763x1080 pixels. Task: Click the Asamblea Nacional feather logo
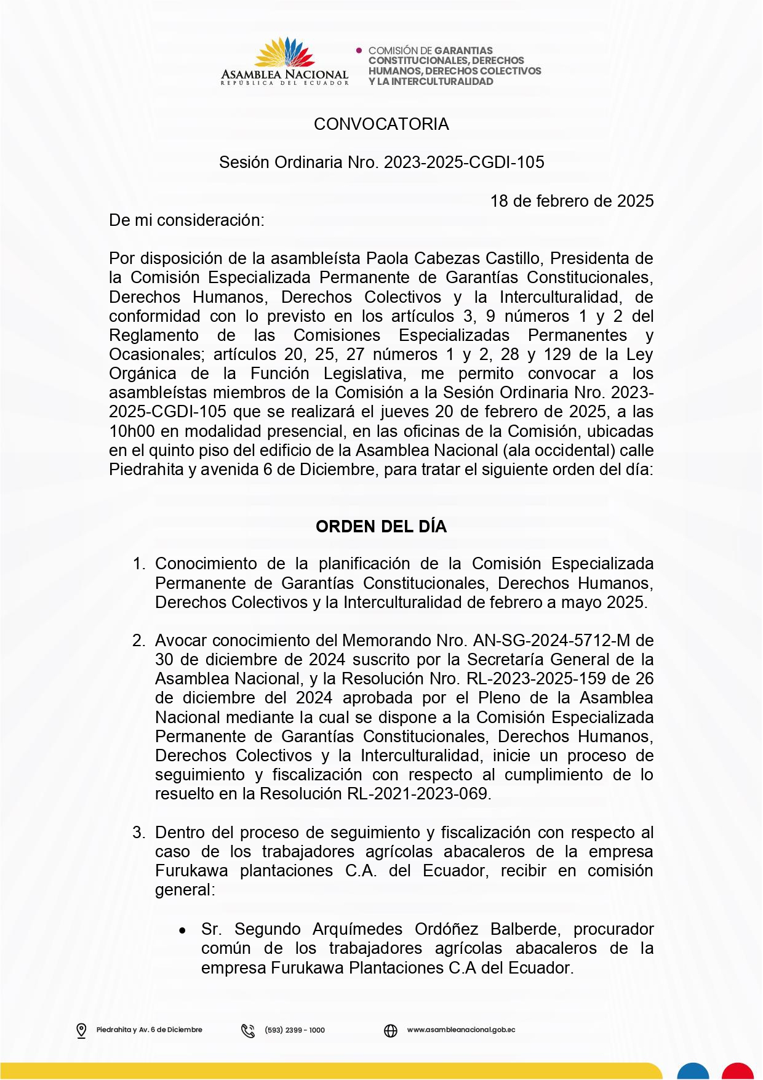[285, 53]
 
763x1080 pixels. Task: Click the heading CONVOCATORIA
[381, 124]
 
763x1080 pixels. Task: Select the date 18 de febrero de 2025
[572, 201]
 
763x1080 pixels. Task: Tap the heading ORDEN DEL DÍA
[381, 527]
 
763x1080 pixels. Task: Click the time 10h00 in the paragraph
[132, 431]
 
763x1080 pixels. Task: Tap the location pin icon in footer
[81, 1030]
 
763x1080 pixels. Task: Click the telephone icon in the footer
[248, 1030]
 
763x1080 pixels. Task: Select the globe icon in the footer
[391, 1030]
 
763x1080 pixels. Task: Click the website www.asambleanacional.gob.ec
[461, 1030]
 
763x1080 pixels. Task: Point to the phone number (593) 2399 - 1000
[295, 1030]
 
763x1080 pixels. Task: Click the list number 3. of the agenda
[138, 833]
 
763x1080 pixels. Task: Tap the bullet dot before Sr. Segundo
[182, 930]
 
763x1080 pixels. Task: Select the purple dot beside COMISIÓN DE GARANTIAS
[359, 50]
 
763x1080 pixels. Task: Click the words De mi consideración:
[186, 220]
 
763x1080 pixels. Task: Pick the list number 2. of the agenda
[138, 641]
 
